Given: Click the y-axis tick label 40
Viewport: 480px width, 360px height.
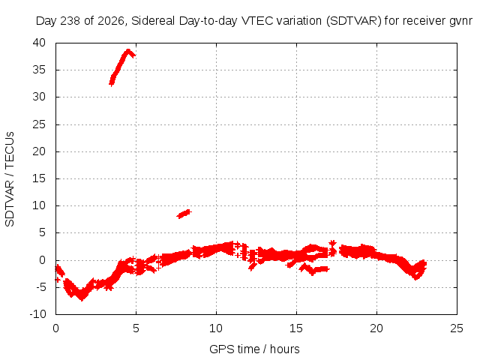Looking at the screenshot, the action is pos(39,43).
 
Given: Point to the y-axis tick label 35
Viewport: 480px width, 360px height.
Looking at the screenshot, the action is pos(39,70).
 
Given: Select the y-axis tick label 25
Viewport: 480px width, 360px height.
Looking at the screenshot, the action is pos(39,124).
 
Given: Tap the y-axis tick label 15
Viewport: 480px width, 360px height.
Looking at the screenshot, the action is pos(39,178).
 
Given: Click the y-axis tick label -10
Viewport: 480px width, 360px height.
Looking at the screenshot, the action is pos(37,314).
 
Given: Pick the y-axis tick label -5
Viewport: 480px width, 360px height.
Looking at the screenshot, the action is pos(40,287).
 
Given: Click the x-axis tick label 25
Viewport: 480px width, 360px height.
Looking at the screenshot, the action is pos(457,328).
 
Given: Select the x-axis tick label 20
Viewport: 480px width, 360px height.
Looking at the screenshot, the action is pos(376,328).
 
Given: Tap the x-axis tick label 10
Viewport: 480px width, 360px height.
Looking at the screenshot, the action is pos(216,328).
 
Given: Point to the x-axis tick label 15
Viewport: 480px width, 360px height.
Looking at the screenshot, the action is pos(296,328).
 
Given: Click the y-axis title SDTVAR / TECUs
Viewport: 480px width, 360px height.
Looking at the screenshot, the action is pos(10,179).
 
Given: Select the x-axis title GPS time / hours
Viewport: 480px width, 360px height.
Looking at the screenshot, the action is pos(254,349).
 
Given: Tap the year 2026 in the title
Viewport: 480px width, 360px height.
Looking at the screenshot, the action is pos(111,21).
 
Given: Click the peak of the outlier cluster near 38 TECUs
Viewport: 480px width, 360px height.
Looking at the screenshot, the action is pos(128,50).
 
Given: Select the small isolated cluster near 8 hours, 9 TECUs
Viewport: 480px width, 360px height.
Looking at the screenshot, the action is pos(184,214).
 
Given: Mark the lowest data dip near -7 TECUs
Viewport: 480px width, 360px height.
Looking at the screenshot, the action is pos(82,298).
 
